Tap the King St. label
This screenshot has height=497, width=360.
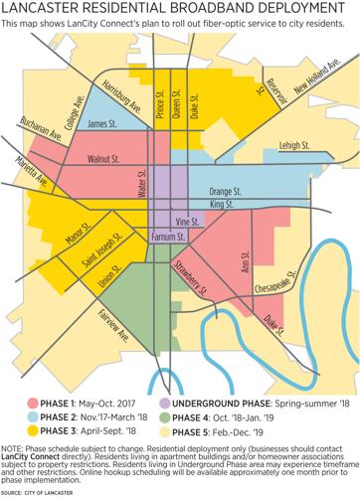click(219, 204)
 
